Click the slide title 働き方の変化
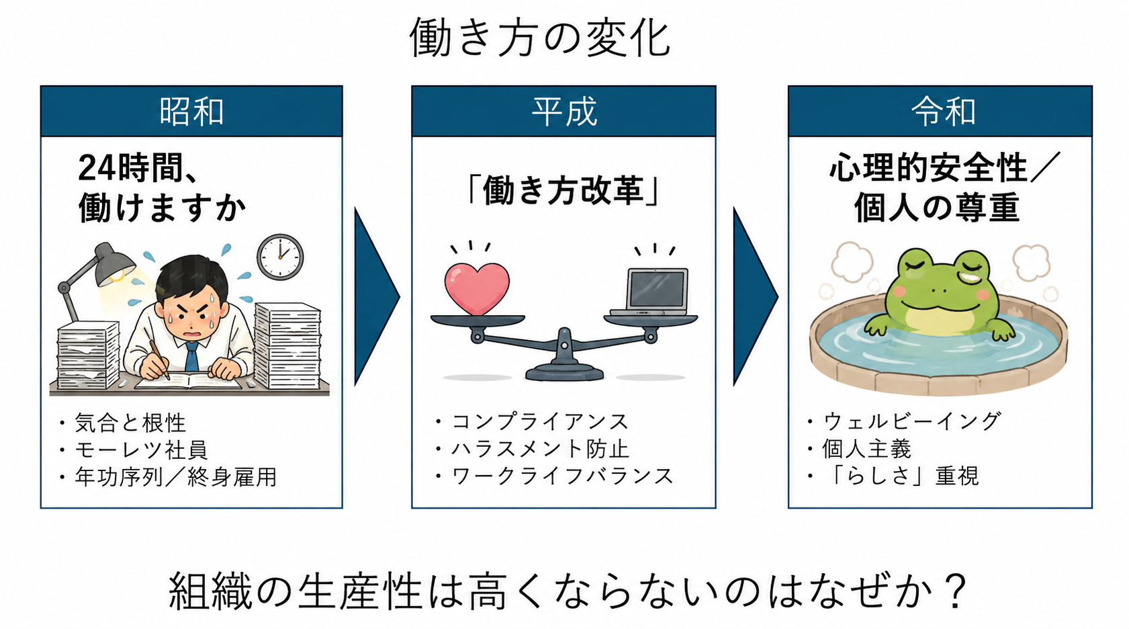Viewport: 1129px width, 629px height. click(x=540, y=38)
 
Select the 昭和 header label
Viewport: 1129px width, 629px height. click(x=191, y=112)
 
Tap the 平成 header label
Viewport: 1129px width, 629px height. click(x=564, y=112)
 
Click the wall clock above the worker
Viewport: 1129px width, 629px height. click(x=280, y=257)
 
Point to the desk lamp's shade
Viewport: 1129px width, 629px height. click(x=114, y=263)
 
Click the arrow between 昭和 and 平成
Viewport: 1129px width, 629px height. click(x=375, y=296)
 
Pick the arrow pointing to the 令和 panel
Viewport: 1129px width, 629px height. click(x=754, y=296)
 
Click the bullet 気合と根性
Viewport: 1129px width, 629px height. click(x=130, y=423)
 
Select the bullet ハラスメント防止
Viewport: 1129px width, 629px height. click(x=540, y=448)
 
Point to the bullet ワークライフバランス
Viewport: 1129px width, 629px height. click(x=562, y=476)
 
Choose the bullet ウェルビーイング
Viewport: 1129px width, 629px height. click(x=911, y=421)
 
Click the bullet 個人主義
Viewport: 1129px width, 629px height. click(x=867, y=448)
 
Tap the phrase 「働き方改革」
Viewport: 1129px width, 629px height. click(x=563, y=191)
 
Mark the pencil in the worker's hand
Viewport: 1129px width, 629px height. click(x=159, y=359)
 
